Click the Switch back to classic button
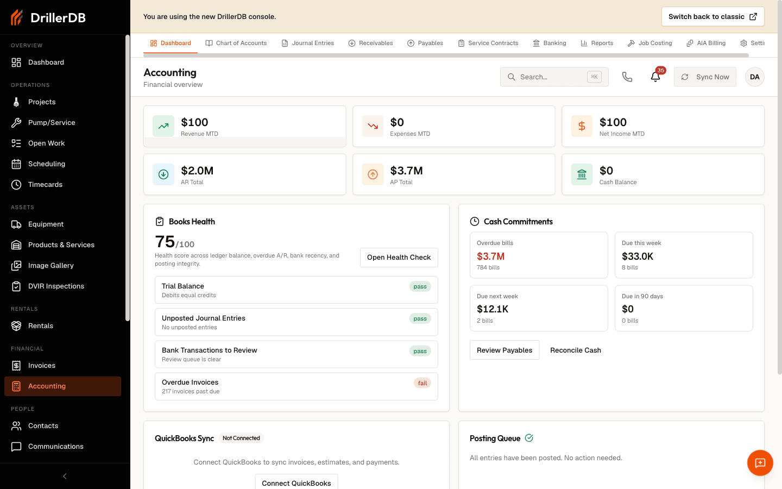point(712,16)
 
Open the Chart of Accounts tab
point(236,43)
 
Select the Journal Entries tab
point(307,43)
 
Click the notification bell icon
point(655,77)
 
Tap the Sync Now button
point(705,77)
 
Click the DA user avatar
point(754,77)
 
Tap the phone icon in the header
point(627,77)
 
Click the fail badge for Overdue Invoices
point(422,383)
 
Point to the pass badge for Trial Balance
point(420,286)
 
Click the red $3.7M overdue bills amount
point(490,256)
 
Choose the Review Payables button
point(504,350)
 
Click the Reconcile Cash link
point(575,350)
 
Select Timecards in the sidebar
point(45,184)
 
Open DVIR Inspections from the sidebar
point(56,286)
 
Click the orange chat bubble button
point(760,463)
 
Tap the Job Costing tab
point(649,43)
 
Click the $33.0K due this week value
point(637,256)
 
